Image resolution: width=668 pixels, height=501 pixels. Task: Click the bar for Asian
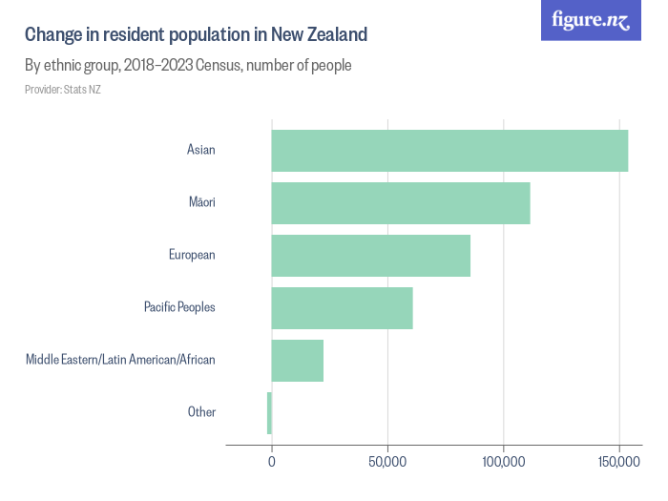(449, 151)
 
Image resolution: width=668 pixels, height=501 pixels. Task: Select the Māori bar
(401, 203)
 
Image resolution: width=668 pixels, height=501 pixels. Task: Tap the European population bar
(371, 256)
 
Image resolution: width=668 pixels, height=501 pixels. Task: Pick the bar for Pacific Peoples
(342, 308)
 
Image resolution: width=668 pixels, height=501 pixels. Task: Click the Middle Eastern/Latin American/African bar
(298, 360)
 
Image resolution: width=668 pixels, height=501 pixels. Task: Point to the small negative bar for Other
(269, 412)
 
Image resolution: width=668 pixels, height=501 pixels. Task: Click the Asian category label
(201, 151)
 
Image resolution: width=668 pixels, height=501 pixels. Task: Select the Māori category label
(202, 203)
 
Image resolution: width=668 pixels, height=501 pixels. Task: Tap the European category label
(192, 256)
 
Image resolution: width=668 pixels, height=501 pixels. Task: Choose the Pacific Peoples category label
(179, 307)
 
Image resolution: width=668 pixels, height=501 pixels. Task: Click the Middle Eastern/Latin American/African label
(120, 360)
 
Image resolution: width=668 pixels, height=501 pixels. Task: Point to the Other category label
(201, 412)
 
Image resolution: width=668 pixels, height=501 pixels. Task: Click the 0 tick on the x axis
(272, 463)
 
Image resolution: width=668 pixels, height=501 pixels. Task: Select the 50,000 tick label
(387, 463)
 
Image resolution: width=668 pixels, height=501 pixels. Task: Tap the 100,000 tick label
(503, 463)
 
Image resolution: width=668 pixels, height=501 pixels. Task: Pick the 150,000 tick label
(619, 463)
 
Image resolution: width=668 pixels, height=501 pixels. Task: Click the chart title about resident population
(196, 35)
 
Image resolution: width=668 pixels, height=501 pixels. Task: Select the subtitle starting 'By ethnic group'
(188, 66)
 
